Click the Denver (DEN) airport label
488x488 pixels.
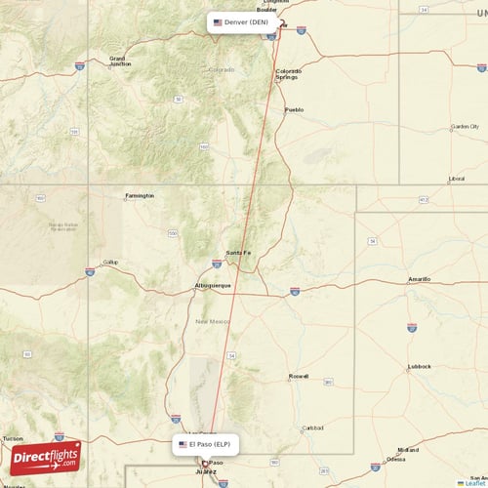(x=241, y=21)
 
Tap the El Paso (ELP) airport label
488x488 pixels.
(x=205, y=444)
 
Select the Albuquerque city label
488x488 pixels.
(x=213, y=286)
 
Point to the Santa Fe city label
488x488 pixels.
(x=238, y=254)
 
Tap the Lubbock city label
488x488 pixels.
(x=420, y=367)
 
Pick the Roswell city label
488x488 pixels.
(x=299, y=376)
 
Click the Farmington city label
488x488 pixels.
(x=139, y=195)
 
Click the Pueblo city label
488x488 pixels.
(x=294, y=109)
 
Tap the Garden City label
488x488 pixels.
(x=465, y=126)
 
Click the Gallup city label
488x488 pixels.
(x=110, y=262)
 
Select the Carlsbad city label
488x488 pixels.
(x=312, y=427)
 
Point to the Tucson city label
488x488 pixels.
(x=13, y=438)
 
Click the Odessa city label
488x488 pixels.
(x=396, y=459)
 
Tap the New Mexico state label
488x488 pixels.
(x=212, y=321)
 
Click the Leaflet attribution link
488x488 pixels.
(x=474, y=482)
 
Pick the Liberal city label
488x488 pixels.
(x=456, y=179)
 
